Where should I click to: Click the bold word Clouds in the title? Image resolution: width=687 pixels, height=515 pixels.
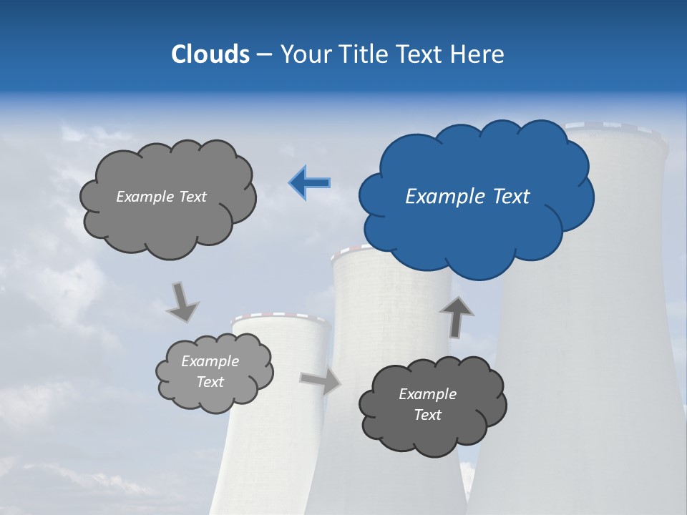[210, 54]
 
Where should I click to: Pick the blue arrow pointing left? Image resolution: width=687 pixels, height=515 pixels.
[310, 183]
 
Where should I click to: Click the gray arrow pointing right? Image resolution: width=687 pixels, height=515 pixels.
[320, 381]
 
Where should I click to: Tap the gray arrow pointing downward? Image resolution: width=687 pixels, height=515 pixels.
[182, 302]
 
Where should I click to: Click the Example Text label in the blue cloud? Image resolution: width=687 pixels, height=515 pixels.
[467, 197]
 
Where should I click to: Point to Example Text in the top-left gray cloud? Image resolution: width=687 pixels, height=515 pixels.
[161, 197]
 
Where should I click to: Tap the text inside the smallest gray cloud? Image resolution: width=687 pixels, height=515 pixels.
[210, 372]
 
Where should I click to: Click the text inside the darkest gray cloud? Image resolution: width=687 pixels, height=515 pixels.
[428, 404]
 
